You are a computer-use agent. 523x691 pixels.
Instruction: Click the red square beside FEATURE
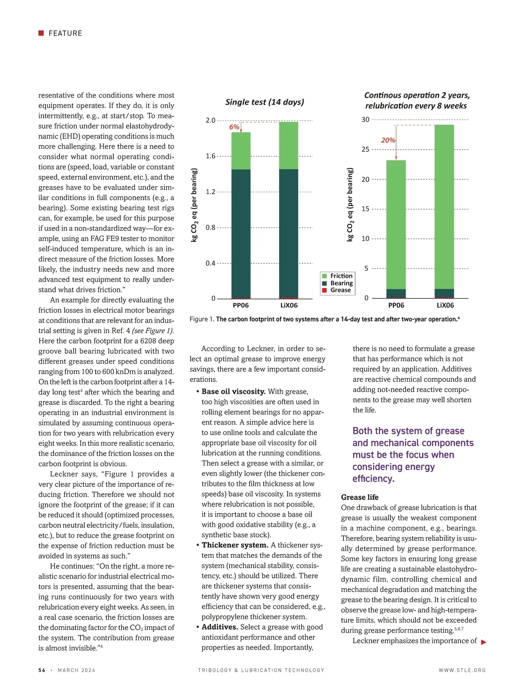coord(41,33)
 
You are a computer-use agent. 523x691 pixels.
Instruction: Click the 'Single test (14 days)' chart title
coord(265,102)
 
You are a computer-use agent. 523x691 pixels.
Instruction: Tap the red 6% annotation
coord(234,127)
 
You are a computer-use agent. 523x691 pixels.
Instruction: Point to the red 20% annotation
coord(388,140)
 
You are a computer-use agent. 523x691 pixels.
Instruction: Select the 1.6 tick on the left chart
coord(211,156)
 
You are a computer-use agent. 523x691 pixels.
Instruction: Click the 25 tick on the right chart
coord(365,149)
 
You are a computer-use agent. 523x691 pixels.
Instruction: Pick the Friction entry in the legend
coord(341,276)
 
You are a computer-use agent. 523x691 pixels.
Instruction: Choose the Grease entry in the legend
coord(340,290)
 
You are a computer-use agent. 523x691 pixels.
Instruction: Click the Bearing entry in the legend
coord(341,283)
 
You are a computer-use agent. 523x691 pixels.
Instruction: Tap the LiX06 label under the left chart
coord(289,305)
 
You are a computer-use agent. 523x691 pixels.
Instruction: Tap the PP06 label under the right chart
coord(396,305)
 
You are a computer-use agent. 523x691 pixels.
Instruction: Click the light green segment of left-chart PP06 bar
coord(241,151)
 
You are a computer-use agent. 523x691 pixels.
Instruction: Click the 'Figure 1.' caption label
coord(202,319)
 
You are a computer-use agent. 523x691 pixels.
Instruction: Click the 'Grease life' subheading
coord(360,497)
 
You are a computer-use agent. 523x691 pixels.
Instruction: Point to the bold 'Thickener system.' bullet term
coord(235,545)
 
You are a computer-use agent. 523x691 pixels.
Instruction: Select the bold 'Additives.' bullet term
coord(220,627)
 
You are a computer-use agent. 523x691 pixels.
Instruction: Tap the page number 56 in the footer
coord(42,671)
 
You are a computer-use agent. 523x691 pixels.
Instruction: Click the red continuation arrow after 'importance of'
coord(484,642)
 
